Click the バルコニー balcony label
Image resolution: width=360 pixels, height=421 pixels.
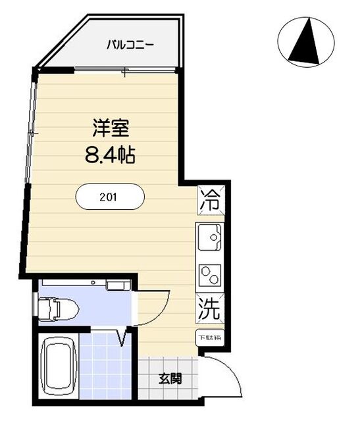(132, 45)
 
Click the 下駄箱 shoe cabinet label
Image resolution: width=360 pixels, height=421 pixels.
(210, 337)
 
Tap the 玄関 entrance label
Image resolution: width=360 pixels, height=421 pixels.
(169, 379)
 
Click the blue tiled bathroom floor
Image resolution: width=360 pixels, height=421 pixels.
(105, 368)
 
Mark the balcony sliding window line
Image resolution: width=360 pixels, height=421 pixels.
(125, 70)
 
